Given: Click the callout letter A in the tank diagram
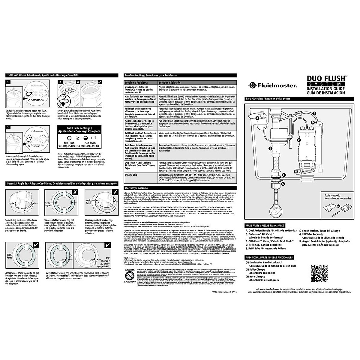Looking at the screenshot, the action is [x=257, y=118].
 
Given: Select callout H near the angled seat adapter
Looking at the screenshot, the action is [x=296, y=171].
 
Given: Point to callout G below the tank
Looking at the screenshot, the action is [x=283, y=183].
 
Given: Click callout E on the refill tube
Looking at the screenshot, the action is [x=314, y=113].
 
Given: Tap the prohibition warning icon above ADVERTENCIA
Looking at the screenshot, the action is [x=129, y=275].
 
